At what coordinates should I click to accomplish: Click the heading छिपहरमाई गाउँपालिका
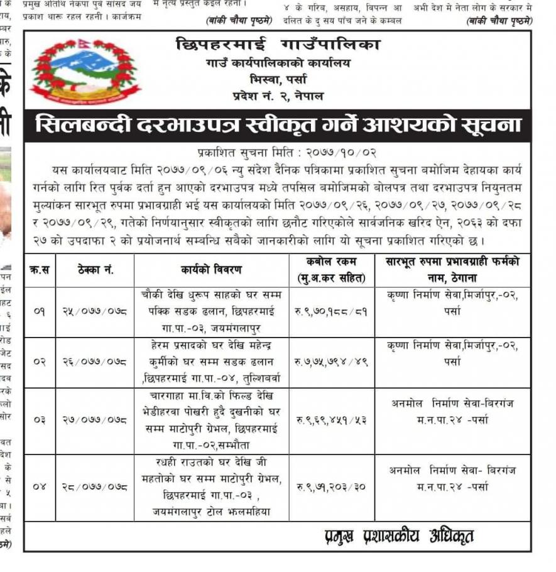278,45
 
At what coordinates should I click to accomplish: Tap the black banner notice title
278,125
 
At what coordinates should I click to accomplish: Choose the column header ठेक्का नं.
95,270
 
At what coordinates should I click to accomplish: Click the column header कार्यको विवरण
211,270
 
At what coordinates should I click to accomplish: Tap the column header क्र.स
40,270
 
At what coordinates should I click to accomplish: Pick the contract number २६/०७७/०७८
95,362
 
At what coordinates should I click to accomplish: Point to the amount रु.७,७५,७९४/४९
331,362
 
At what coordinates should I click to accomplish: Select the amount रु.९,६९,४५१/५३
331,420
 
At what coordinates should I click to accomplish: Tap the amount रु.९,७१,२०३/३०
331,487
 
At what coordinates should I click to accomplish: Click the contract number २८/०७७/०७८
95,487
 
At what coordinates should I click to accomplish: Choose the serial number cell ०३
40,420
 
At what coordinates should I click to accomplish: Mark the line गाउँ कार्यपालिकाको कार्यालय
278,63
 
